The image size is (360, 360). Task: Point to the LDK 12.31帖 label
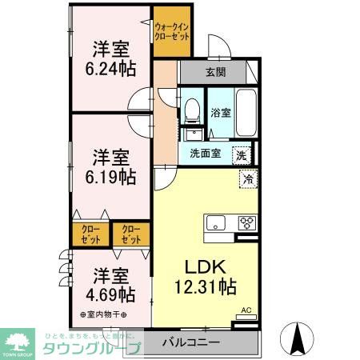pos(205,275)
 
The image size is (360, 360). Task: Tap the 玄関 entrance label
pos(216,73)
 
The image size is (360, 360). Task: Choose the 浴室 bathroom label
pos(221,113)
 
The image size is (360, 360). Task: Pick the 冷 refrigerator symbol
pos(248,178)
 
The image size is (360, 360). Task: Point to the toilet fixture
pos(191,111)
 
